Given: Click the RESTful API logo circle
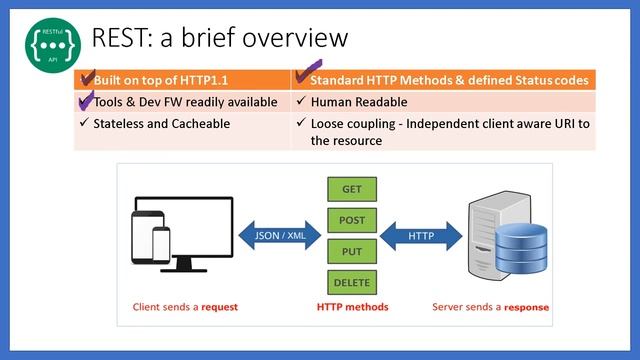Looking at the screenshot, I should click(49, 43).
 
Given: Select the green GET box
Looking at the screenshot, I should click(352, 188).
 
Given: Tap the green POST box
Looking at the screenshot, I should click(352, 219).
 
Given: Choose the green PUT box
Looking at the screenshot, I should click(352, 250).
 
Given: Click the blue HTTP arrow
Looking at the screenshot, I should click(420, 236).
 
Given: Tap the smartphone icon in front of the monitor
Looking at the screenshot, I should click(160, 246).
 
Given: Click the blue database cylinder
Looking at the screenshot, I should click(520, 250).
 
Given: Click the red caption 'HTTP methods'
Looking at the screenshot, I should click(352, 306).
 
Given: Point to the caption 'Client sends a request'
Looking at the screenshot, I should click(185, 306).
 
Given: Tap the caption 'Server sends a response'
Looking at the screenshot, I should click(490, 306).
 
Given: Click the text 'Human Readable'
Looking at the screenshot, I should click(359, 102).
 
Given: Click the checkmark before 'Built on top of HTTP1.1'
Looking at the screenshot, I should click(87, 78).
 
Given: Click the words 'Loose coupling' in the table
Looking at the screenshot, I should click(355, 124).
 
